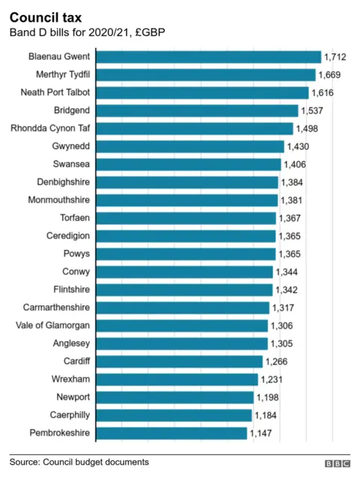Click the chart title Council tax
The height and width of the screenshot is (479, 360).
click(46, 16)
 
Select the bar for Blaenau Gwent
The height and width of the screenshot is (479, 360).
click(209, 56)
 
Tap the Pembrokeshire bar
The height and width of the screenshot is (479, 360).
click(172, 433)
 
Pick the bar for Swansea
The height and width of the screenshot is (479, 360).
click(189, 164)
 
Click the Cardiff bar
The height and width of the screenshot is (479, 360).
click(180, 361)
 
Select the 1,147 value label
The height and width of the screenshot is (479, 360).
click(261, 433)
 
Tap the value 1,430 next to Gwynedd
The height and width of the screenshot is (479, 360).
click(298, 147)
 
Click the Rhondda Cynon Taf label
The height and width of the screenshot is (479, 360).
click(51, 128)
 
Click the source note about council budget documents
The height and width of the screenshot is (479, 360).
click(79, 462)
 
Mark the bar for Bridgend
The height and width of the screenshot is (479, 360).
click(198, 110)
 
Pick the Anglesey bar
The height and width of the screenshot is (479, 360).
click(182, 343)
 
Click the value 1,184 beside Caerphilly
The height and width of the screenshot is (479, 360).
click(265, 415)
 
